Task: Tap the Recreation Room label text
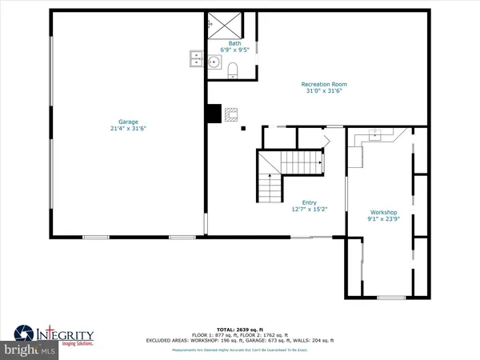pyautogui.click(x=323, y=84)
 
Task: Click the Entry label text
pyautogui.click(x=309, y=202)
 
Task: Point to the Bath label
pyautogui.click(x=234, y=42)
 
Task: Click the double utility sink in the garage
pyautogui.click(x=194, y=59)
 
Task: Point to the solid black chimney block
pyautogui.click(x=213, y=114)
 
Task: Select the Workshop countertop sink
pyautogui.click(x=374, y=136)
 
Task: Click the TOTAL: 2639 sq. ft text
pyautogui.click(x=240, y=329)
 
